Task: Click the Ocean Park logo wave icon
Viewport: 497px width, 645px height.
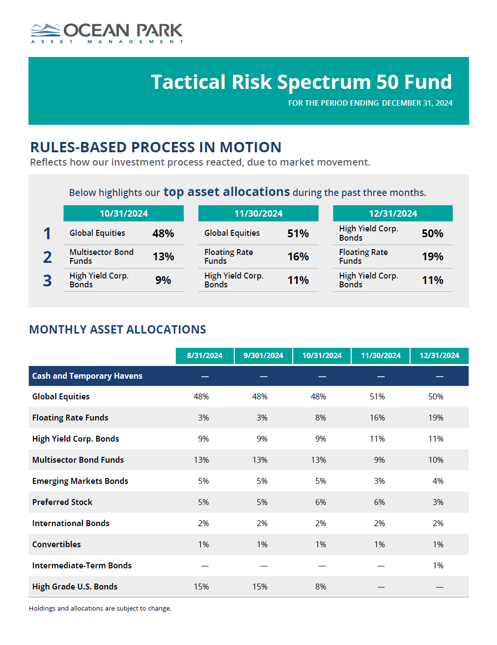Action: (x=45, y=30)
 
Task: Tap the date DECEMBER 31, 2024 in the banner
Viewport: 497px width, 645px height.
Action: (x=417, y=103)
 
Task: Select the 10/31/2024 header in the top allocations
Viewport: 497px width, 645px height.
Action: (x=124, y=214)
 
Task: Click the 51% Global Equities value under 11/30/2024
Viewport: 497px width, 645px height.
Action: (x=298, y=234)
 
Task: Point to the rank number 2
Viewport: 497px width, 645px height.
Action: (x=47, y=257)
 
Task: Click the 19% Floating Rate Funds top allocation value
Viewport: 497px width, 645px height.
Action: (x=432, y=257)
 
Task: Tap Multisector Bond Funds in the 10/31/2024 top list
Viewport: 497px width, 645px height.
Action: (x=101, y=256)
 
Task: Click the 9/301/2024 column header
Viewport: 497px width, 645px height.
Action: (x=263, y=356)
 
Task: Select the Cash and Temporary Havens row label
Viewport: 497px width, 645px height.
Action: (x=87, y=376)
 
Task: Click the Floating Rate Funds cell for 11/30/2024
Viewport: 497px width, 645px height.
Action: (x=377, y=418)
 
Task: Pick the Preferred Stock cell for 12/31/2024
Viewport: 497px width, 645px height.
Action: (x=438, y=502)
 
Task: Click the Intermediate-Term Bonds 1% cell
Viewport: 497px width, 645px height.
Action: (x=438, y=565)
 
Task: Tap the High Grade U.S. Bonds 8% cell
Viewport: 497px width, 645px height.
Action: (x=321, y=587)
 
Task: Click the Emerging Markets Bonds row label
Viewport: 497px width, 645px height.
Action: (x=80, y=481)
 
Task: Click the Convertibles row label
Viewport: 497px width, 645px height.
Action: (x=56, y=544)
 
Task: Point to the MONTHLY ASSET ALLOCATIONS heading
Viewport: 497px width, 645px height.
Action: (x=117, y=330)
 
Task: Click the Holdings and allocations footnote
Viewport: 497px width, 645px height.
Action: (x=100, y=608)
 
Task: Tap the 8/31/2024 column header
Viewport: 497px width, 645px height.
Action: (x=204, y=356)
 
